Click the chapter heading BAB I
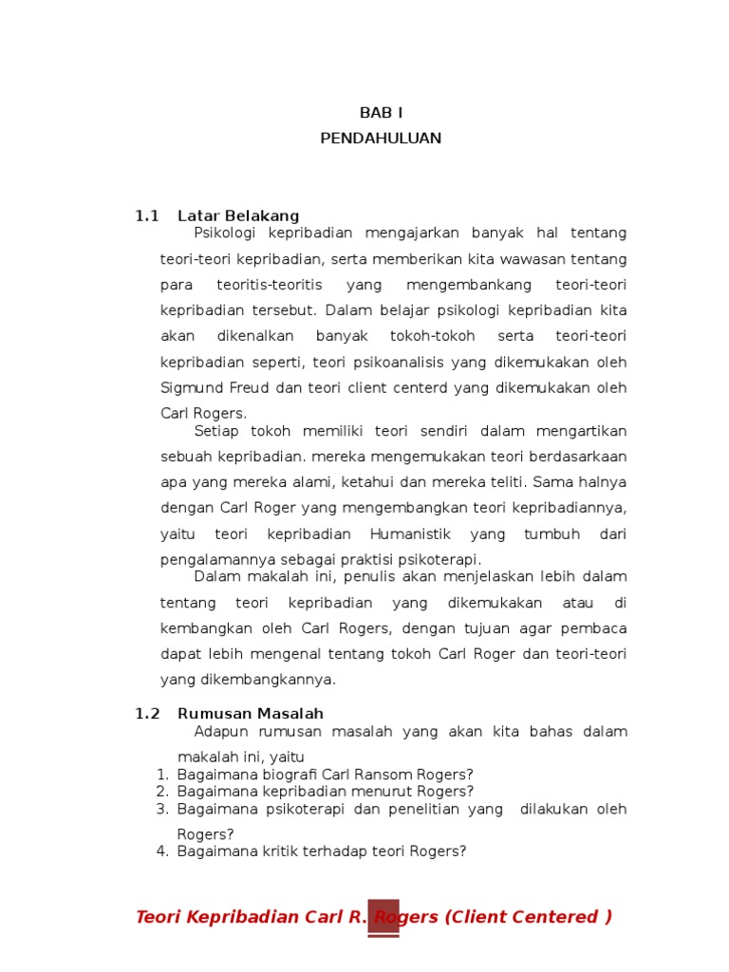[x=381, y=113]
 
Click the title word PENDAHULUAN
[x=381, y=139]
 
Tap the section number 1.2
[x=147, y=714]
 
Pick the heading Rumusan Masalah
[x=251, y=714]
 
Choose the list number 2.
[x=161, y=792]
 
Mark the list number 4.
[x=161, y=851]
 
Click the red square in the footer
[x=383, y=917]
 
